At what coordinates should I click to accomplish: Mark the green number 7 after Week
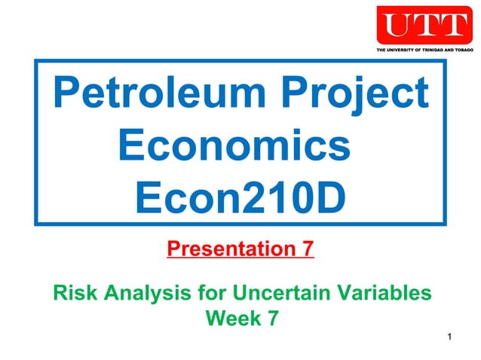pos(271,319)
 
